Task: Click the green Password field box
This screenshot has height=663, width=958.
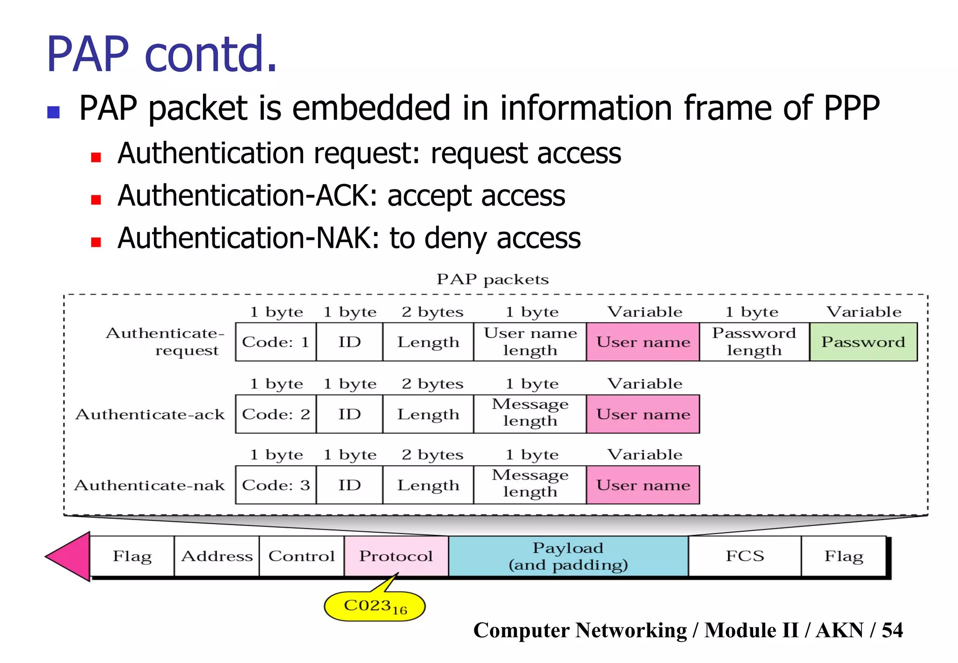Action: coord(863,342)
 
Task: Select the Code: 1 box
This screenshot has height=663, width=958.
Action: coord(276,342)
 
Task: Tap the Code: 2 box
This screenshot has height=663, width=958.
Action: coord(276,414)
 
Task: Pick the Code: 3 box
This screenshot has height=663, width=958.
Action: coord(276,485)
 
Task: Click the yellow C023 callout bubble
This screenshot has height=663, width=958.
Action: coord(374,606)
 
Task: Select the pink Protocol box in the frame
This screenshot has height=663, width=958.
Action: coord(396,556)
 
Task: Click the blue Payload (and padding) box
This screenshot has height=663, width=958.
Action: coord(568,556)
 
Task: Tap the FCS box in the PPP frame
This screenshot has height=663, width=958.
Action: coord(744,556)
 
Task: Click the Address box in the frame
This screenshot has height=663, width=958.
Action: coord(217,556)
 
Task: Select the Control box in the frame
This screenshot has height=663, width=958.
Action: coord(301,556)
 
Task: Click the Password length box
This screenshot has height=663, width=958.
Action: coord(754,342)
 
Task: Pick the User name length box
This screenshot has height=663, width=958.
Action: coord(530,342)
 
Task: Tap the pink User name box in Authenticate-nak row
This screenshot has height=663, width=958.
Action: coord(643,485)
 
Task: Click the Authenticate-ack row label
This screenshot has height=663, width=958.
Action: coord(150,414)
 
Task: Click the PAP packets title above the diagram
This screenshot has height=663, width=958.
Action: coord(492,279)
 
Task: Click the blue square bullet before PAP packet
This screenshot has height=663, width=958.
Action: coord(53,112)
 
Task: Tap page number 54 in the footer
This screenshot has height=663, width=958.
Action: coord(892,630)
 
